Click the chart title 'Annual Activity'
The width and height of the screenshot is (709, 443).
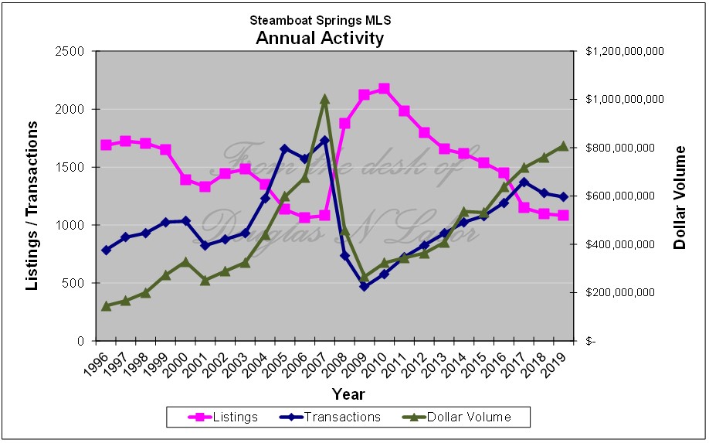click(x=319, y=38)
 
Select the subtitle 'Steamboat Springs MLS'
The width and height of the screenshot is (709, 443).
click(x=319, y=20)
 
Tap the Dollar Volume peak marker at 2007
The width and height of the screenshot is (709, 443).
click(x=324, y=99)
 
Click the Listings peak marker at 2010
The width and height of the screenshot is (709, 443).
click(x=384, y=89)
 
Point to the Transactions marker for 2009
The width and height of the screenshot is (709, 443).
click(x=365, y=286)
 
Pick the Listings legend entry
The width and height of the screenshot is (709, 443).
click(x=223, y=417)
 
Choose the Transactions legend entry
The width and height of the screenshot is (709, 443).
click(x=333, y=417)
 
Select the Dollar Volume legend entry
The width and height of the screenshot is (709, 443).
click(x=458, y=417)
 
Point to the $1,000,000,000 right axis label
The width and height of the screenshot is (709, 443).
click(x=625, y=100)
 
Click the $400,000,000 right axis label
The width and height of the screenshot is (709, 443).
click(x=625, y=244)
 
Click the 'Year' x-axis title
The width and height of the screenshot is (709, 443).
click(x=348, y=394)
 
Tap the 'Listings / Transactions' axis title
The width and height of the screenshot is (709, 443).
click(x=32, y=209)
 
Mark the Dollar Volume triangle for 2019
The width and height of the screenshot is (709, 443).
click(x=563, y=146)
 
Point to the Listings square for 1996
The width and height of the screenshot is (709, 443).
click(x=107, y=145)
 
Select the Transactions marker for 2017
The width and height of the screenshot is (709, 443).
click(x=524, y=182)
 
